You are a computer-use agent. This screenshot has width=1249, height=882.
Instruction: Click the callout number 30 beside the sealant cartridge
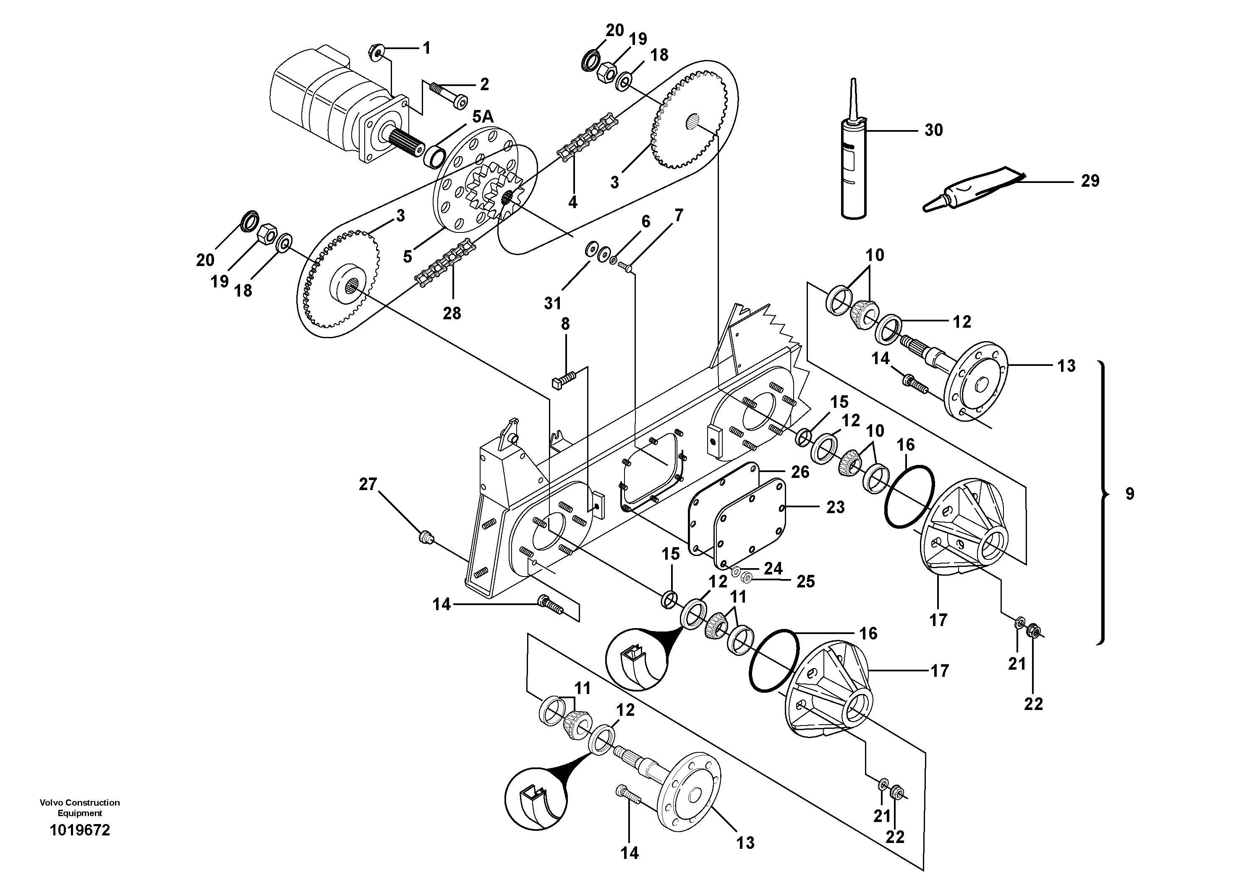point(933,130)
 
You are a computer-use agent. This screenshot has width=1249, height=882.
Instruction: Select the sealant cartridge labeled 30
point(853,163)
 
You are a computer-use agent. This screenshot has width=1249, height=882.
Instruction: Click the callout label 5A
point(483,116)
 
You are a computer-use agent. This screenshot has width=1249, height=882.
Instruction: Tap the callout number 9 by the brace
point(1130,494)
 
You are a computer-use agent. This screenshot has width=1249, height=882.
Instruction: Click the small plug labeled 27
point(426,538)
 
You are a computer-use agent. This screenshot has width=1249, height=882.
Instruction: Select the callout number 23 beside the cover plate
point(835,507)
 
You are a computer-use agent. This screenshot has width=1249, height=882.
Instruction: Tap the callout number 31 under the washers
point(553,303)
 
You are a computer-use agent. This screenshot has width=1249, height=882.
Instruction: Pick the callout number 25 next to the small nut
point(806,582)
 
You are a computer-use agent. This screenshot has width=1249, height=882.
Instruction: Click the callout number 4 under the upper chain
point(572,202)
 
